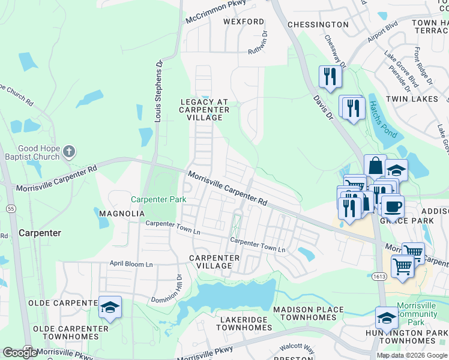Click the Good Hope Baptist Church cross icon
69,151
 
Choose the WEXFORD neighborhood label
243,22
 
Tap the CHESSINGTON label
318,25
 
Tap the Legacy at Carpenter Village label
205,110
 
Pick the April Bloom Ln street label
131,263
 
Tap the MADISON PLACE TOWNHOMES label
309,313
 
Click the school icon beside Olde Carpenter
110,307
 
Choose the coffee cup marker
392,206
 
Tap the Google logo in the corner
20,353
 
